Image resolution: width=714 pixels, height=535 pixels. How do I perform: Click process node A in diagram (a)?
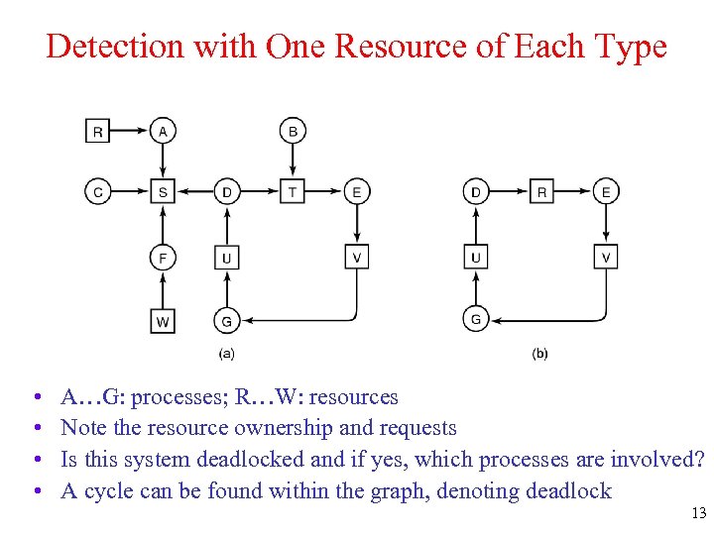(164, 131)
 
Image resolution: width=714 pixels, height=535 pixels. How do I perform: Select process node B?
(293, 131)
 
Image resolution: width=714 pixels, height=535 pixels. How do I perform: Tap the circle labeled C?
(98, 192)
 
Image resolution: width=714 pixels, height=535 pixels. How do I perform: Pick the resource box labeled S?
(164, 192)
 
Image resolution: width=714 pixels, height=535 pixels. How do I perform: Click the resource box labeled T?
(293, 192)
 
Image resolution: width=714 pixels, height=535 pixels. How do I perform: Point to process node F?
(164, 258)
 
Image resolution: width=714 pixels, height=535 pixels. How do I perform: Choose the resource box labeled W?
(164, 321)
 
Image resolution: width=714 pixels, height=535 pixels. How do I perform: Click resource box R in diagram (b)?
(541, 192)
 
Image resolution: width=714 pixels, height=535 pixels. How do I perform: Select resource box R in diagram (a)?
(98, 131)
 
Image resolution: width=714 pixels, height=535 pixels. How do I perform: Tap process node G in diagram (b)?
(477, 320)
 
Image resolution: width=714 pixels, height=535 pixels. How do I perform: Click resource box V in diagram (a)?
(357, 258)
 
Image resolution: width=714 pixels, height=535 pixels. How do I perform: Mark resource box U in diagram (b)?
(477, 258)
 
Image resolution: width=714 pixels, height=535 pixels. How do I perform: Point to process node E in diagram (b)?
(606, 192)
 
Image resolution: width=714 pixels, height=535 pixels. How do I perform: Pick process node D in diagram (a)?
(227, 192)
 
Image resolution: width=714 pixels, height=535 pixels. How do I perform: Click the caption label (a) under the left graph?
(227, 353)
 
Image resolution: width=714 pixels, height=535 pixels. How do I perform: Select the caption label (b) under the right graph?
(540, 353)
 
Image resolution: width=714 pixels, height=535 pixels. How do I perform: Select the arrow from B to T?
(293, 161)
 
